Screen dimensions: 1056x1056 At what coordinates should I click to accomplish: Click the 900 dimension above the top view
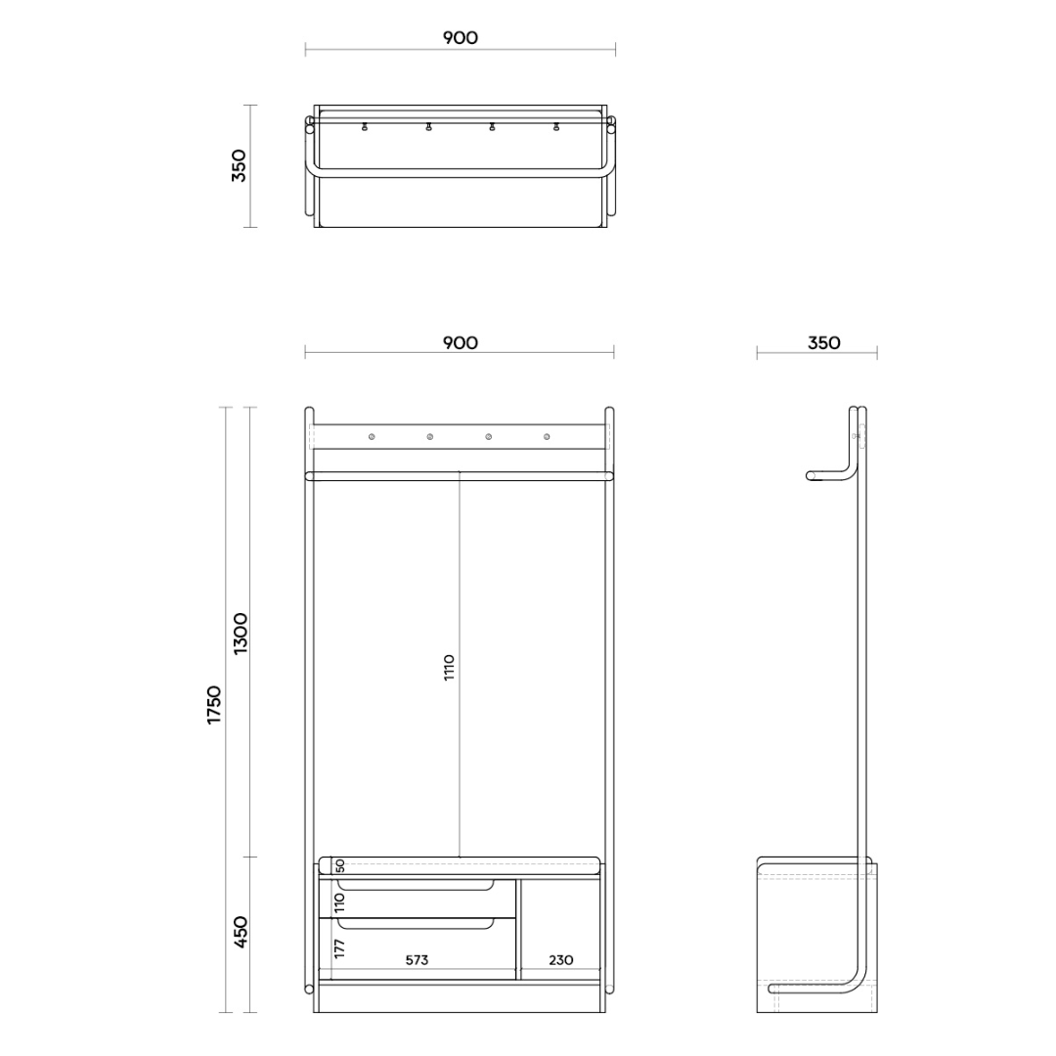(x=460, y=38)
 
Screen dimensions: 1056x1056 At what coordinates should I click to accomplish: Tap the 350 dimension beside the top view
(x=240, y=165)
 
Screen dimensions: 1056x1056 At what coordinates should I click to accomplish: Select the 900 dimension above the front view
(x=460, y=343)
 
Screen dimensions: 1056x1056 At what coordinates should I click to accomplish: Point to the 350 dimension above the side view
(x=823, y=343)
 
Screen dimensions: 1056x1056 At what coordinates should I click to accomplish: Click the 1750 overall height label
(x=214, y=704)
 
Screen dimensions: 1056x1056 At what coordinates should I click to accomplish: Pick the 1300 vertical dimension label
(x=241, y=634)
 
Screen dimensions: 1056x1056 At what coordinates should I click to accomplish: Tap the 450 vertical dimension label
(x=241, y=933)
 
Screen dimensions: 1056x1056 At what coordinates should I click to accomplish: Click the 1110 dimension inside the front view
(x=449, y=667)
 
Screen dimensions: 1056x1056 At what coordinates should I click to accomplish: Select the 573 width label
(x=417, y=960)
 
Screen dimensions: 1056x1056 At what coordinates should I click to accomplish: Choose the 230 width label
(x=561, y=960)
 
